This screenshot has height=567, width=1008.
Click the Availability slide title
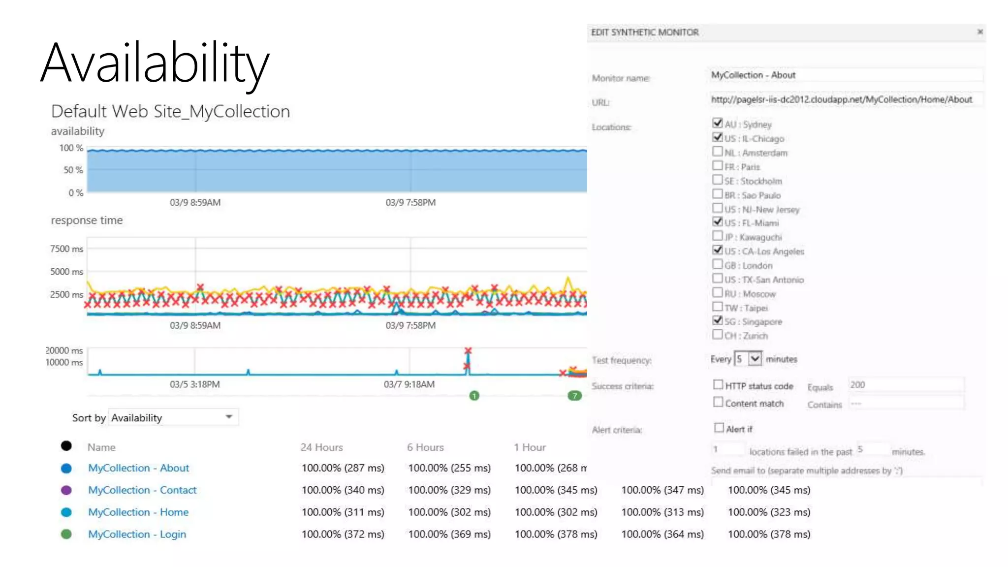(155, 63)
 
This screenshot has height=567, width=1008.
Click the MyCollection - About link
(138, 468)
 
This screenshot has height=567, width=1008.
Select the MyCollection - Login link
(137, 535)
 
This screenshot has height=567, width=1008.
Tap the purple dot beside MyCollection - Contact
(66, 490)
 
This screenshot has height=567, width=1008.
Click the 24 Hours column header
(321, 447)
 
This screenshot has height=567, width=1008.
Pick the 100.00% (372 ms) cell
(343, 535)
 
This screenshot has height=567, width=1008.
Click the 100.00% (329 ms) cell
(449, 490)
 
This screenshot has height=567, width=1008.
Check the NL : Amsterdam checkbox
(718, 152)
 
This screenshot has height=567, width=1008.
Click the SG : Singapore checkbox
(718, 320)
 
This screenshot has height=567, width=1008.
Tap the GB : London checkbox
(718, 264)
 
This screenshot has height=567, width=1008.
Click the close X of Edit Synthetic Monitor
(980, 32)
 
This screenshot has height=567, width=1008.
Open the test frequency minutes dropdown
(755, 358)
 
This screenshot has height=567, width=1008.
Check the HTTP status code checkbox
(718, 384)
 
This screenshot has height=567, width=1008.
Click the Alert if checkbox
(719, 428)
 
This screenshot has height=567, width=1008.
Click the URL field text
(841, 99)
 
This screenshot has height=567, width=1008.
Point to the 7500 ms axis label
(66, 249)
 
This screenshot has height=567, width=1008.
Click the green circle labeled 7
(574, 396)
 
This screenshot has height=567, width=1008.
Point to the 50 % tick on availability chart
(73, 170)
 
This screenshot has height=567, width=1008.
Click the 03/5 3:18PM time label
(195, 384)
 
